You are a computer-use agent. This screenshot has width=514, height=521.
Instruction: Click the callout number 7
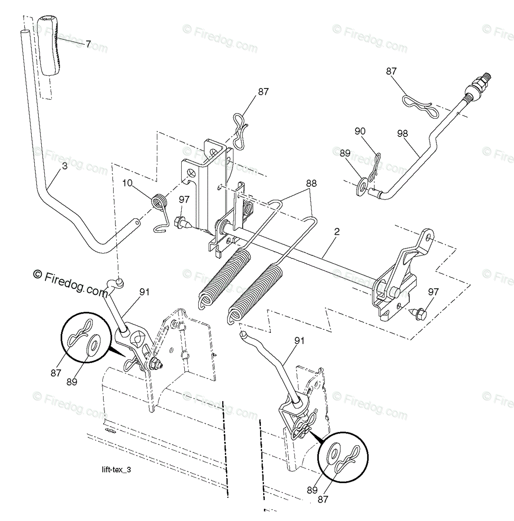pyautogui.click(x=88, y=44)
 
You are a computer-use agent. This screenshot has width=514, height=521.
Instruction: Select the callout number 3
pyautogui.click(x=65, y=166)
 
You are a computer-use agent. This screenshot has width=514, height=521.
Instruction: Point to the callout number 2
pyautogui.click(x=336, y=231)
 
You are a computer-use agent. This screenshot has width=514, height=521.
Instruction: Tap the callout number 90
pyautogui.click(x=360, y=131)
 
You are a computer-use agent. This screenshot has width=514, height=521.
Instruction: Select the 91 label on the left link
pyautogui.click(x=145, y=292)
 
